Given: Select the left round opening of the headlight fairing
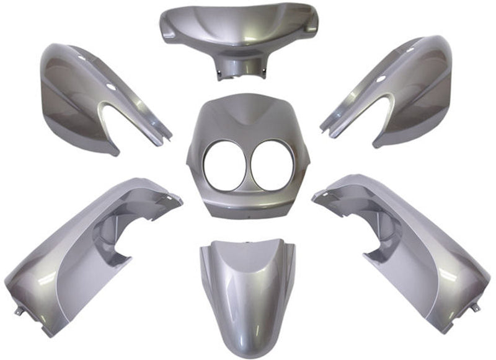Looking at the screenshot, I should [225, 165].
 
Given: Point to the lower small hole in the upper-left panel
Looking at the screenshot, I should [111, 87].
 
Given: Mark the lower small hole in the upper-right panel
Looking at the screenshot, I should [381, 79].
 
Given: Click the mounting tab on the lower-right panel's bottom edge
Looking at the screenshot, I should [475, 307].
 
